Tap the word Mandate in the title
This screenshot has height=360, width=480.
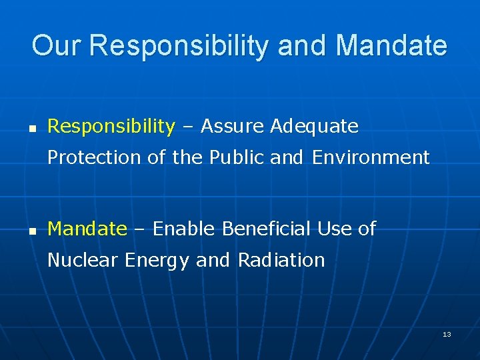391,46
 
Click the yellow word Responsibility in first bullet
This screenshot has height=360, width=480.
111,126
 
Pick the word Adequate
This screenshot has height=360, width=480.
314,126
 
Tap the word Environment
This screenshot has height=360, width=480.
371,157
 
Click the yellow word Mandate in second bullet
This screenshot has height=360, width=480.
87,229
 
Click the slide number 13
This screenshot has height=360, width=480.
447,334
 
